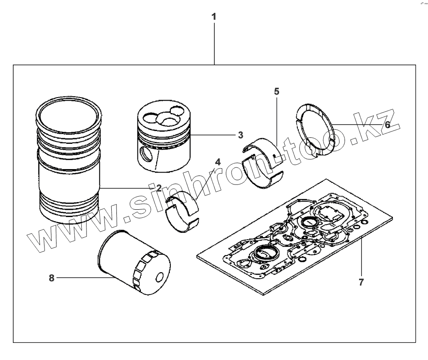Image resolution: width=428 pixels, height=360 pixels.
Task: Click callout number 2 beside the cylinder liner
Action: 158,187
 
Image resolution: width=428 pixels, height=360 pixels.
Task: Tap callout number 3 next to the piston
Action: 241,135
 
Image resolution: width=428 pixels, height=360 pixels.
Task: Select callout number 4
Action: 217,162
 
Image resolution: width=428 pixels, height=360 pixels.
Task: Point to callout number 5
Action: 276,91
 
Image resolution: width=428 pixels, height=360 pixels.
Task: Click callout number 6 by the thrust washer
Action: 387,125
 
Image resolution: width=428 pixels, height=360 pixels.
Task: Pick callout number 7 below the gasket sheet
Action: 361,283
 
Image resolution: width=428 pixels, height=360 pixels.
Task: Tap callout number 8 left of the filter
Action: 52,278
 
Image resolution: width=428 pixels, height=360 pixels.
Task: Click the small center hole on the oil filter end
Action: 160,278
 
